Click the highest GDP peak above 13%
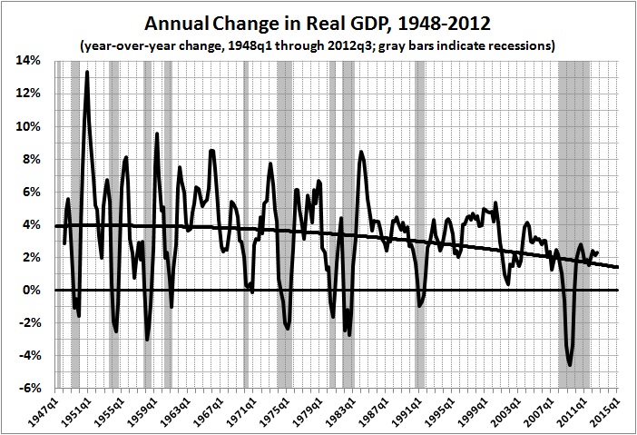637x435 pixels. (x=86, y=72)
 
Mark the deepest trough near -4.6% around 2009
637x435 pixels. (x=570, y=365)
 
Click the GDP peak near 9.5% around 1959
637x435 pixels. (x=157, y=133)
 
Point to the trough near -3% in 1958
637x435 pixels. (x=147, y=340)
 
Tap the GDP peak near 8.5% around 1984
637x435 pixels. (x=361, y=151)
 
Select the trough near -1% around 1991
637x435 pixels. (x=418, y=306)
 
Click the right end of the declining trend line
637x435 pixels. (x=619, y=267)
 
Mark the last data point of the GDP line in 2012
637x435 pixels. (x=597, y=252)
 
